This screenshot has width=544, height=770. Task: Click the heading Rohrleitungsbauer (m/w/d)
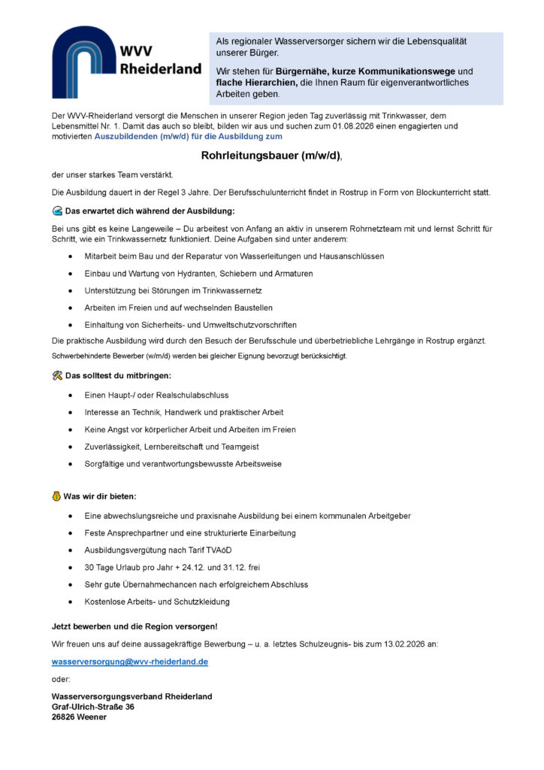tap(270, 156)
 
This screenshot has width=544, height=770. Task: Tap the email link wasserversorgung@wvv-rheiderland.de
tap(129, 662)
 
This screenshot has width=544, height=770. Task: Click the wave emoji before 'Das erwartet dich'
tap(57, 211)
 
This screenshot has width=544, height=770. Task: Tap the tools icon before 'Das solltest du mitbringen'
tap(57, 375)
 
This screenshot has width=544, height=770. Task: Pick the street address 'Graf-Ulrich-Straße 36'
tap(93, 707)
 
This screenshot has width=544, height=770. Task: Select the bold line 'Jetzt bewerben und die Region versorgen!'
tap(134, 626)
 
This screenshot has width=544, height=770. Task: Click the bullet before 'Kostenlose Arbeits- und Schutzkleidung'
tap(70, 602)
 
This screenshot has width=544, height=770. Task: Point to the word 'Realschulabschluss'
tap(197, 395)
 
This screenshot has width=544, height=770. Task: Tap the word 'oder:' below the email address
tap(61, 680)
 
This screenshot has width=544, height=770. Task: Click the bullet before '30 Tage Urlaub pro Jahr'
tap(70, 567)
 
